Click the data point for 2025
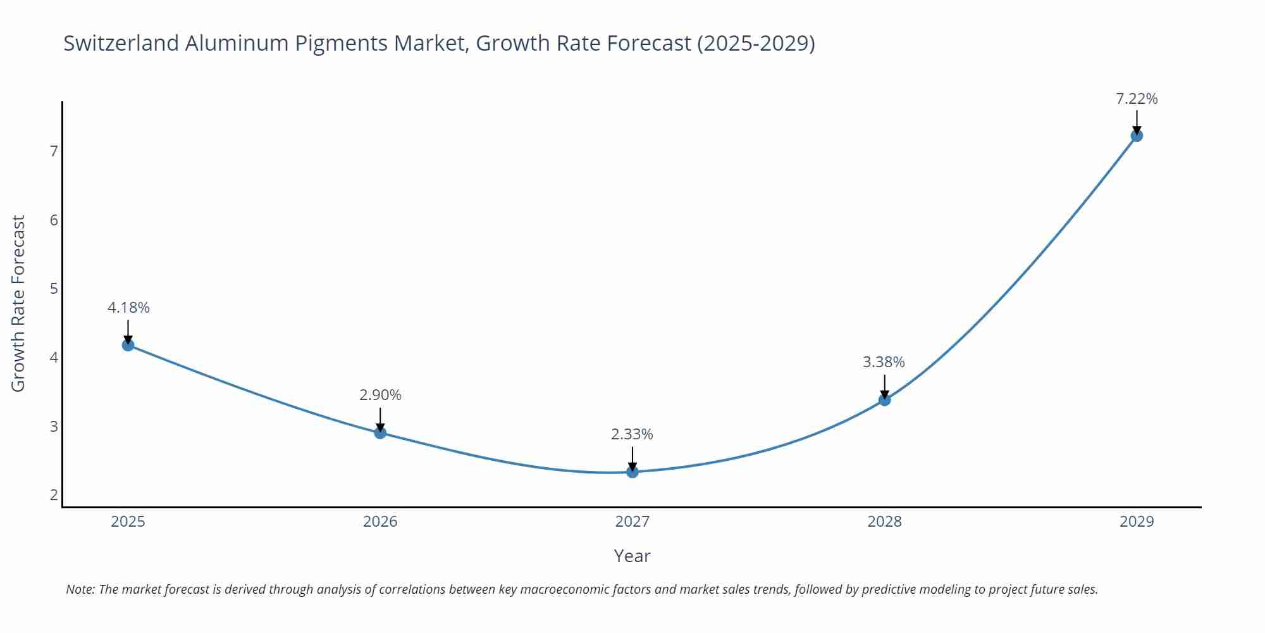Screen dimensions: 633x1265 tap(128, 345)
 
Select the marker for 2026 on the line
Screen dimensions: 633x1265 tap(380, 433)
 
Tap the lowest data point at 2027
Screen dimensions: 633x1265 tap(632, 472)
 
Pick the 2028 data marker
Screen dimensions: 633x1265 tap(884, 399)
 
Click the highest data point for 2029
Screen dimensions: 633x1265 tap(1137, 135)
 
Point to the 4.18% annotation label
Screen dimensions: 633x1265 tap(128, 308)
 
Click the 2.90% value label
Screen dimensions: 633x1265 tap(380, 395)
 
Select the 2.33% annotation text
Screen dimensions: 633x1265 tap(632, 434)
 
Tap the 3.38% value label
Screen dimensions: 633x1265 tap(884, 362)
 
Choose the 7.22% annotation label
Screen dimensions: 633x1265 tap(1137, 99)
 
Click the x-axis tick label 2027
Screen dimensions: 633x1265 tap(632, 522)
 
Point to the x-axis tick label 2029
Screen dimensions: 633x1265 tap(1137, 522)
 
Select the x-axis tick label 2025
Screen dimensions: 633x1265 tap(128, 522)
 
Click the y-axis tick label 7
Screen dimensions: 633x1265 tap(54, 151)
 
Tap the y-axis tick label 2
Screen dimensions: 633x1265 tap(54, 495)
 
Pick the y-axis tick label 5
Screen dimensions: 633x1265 tap(54, 289)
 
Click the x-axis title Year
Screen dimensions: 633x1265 tap(632, 556)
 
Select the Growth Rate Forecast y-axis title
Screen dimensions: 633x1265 tap(18, 303)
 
